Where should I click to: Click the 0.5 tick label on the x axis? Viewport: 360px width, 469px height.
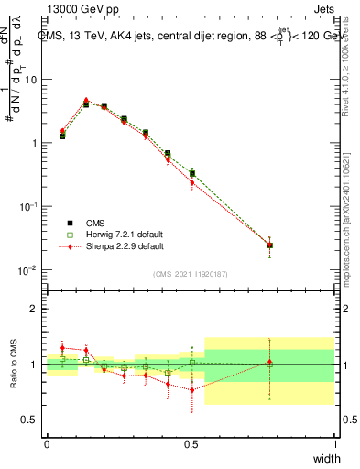tap(191, 443)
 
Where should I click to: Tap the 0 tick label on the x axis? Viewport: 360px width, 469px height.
tap(47, 443)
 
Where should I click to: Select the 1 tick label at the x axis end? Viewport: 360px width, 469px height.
tap(334, 443)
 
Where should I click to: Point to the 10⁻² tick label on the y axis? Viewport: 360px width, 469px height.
tap(30, 270)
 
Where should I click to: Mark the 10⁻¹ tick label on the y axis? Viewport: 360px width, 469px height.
tap(30, 207)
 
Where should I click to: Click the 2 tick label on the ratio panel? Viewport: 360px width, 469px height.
tap(34, 309)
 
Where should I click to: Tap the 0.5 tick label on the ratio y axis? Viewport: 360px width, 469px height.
tap(30, 420)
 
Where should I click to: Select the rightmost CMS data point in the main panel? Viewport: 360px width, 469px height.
tap(269, 245)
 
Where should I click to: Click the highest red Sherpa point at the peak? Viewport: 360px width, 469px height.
tap(86, 101)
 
